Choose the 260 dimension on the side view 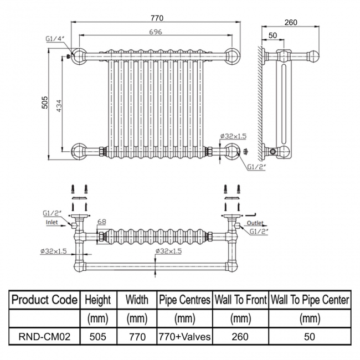[x=290, y=22]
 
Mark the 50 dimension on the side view [x=272, y=35]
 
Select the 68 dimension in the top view [x=102, y=222]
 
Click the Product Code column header [x=44, y=300]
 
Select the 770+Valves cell [x=185, y=336]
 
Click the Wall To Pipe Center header [x=309, y=300]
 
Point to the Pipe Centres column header [x=185, y=300]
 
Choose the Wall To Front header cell [x=240, y=300]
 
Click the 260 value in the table [x=240, y=336]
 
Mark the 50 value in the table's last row [x=309, y=336]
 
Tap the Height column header [x=98, y=300]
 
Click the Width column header [x=137, y=300]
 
